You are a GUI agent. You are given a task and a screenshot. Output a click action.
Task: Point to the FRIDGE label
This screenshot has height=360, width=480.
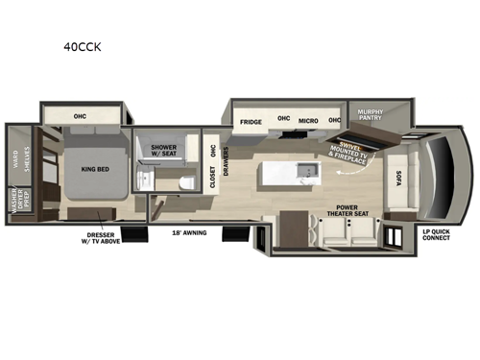point(252,122)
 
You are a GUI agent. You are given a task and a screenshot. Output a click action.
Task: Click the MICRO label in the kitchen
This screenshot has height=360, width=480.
point(309,121)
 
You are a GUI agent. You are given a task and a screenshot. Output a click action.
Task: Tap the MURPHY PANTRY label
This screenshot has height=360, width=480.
point(371,117)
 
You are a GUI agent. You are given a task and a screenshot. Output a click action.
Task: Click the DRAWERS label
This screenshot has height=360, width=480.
point(225,158)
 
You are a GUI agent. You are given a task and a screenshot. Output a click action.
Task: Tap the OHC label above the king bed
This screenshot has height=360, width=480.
point(81,115)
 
